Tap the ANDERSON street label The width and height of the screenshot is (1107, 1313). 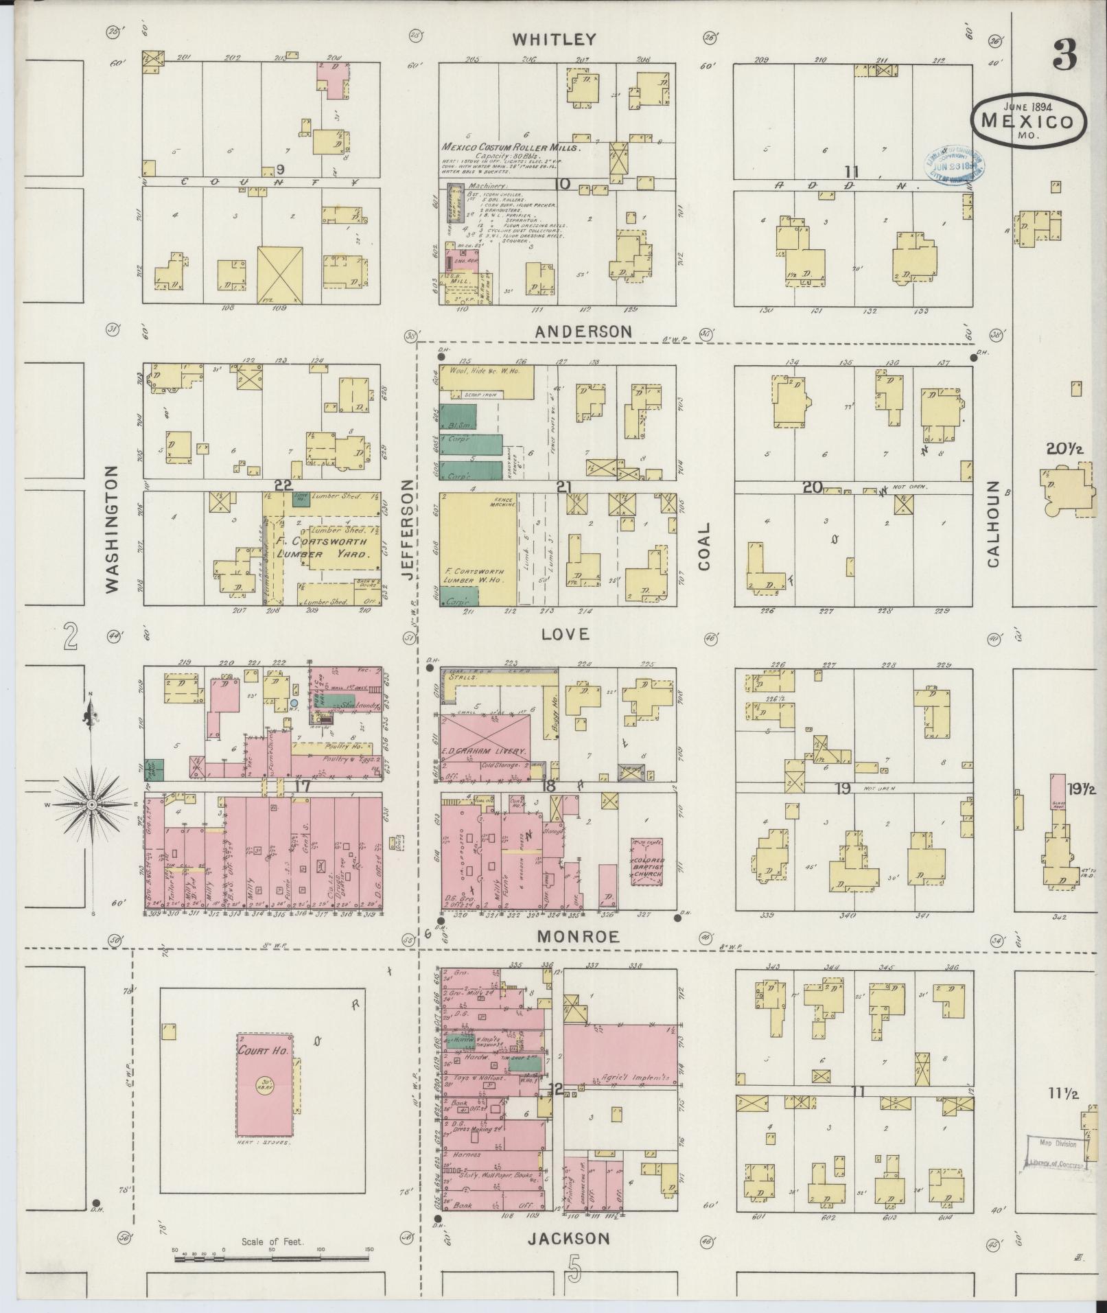click(583, 332)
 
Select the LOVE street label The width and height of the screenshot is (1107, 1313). click(565, 634)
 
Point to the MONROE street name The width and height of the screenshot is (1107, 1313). click(578, 936)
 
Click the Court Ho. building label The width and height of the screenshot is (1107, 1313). click(256, 1050)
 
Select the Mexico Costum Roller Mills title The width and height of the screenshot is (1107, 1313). click(511, 148)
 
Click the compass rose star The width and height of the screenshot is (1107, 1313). click(91, 804)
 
